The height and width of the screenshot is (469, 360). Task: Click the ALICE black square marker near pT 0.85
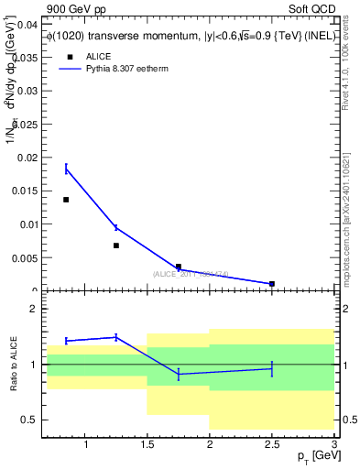(66, 200)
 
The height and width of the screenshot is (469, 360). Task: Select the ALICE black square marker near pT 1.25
(116, 245)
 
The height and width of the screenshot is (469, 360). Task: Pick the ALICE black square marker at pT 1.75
(179, 267)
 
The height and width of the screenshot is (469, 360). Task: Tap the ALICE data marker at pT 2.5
(272, 284)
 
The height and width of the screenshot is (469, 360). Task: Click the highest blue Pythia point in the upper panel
(66, 169)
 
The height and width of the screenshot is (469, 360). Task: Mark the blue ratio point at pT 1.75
(179, 374)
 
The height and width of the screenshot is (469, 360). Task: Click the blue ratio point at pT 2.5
(272, 368)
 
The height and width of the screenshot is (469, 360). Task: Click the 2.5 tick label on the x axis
(272, 445)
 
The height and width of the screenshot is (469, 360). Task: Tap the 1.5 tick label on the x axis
(147, 445)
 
